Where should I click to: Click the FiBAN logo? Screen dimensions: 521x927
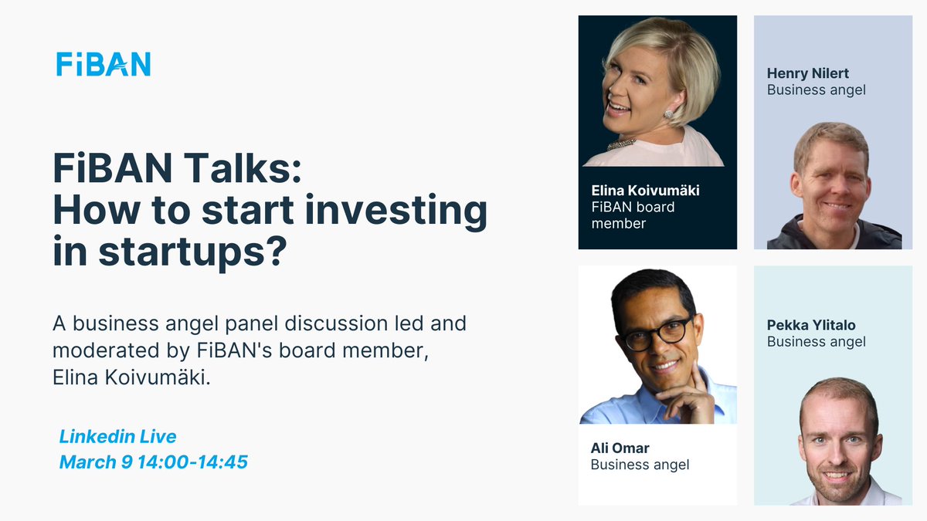[104, 64]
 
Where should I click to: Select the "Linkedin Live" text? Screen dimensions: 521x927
[117, 437]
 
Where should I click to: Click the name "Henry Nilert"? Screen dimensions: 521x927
[807, 73]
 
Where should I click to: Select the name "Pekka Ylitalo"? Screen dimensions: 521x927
[811, 325]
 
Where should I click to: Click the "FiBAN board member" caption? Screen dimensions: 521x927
[633, 215]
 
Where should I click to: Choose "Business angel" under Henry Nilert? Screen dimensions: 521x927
[816, 90]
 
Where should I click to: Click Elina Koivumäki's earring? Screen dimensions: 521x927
[669, 114]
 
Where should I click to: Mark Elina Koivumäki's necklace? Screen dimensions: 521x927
[622, 144]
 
